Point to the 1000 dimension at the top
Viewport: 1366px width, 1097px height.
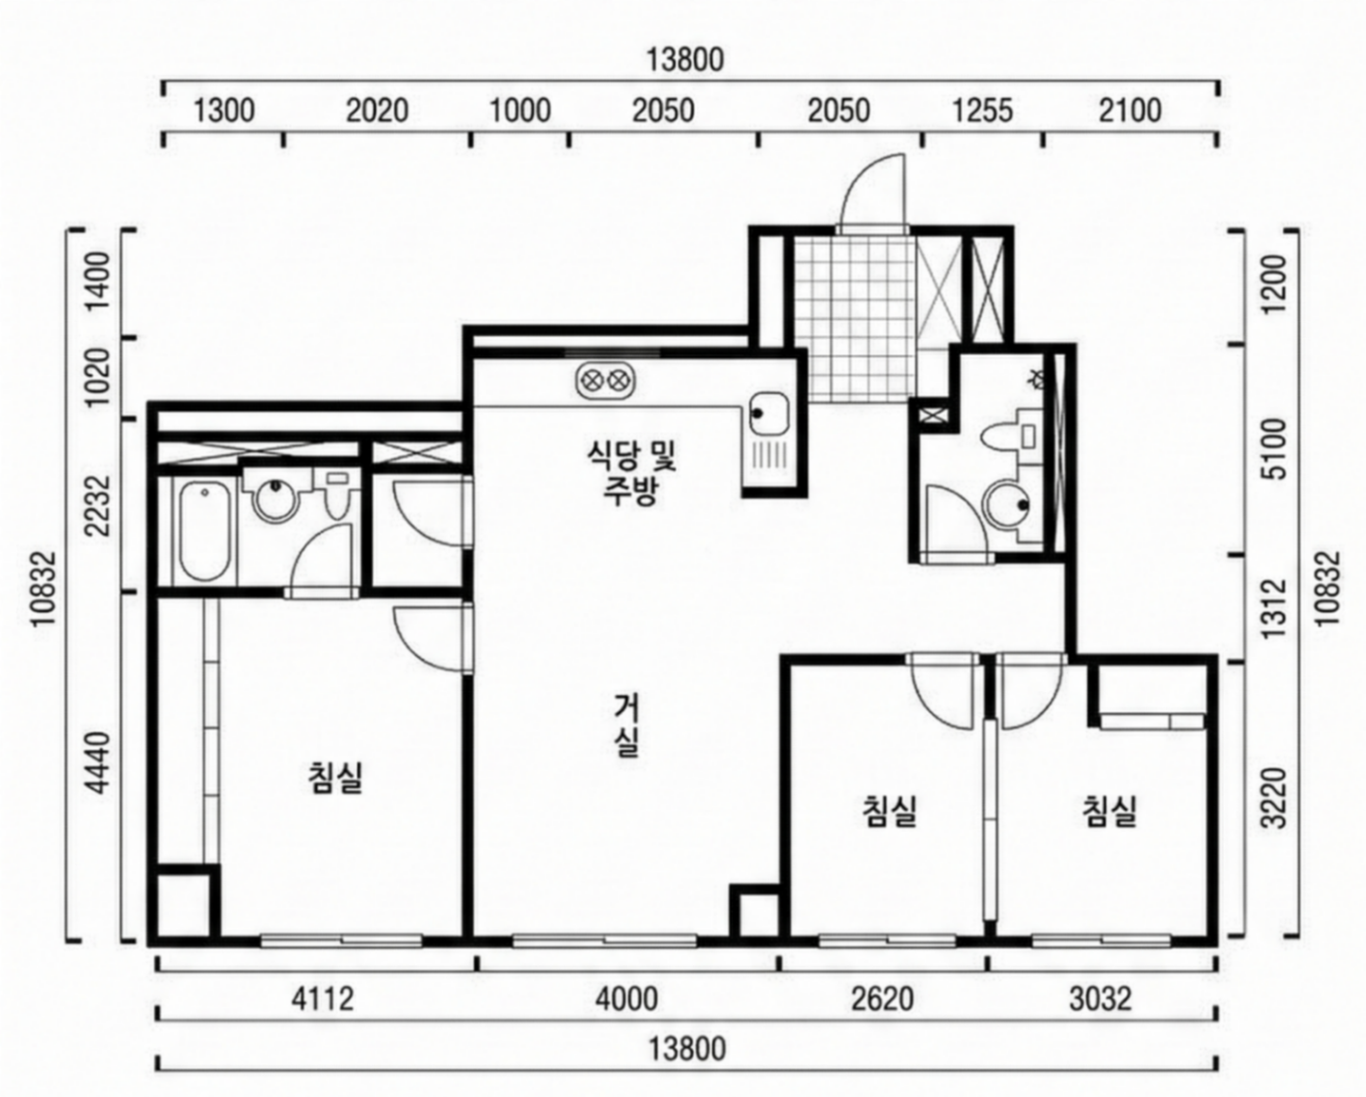521,111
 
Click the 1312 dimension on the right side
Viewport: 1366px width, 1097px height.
1274,608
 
